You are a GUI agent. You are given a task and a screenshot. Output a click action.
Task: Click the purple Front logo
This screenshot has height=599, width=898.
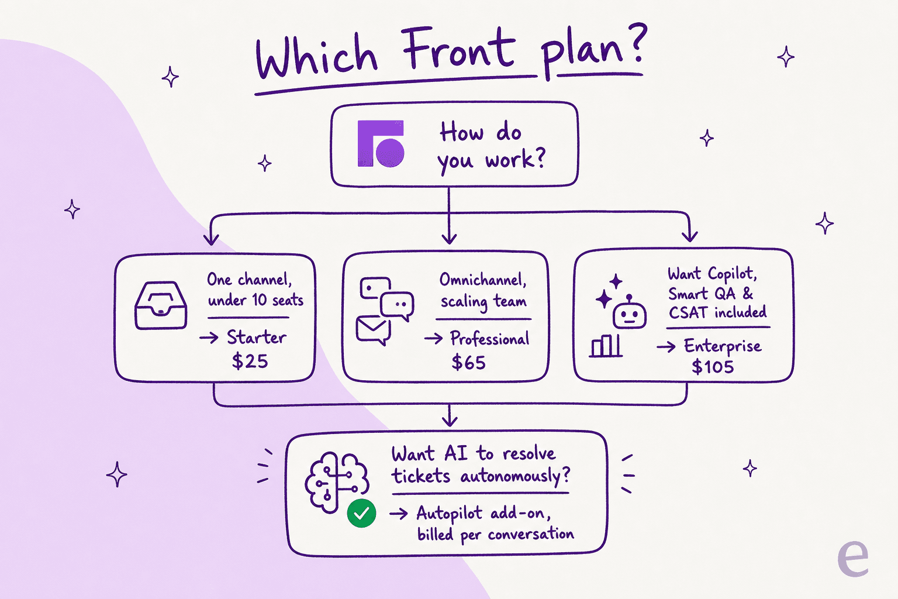(381, 143)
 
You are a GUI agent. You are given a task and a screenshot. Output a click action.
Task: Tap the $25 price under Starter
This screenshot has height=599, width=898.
(250, 361)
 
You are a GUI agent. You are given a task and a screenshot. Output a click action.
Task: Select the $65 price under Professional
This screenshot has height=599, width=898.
(468, 362)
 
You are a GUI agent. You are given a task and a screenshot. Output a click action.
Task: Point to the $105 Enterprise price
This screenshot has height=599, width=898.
(713, 367)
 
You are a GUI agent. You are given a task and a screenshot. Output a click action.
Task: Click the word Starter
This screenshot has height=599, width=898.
(257, 337)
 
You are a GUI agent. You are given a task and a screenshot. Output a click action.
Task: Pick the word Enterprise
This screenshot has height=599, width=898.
(723, 346)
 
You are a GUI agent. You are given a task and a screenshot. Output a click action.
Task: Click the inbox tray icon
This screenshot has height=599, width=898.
(160, 305)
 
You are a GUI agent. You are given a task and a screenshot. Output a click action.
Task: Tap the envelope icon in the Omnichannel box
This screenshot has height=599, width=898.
(373, 331)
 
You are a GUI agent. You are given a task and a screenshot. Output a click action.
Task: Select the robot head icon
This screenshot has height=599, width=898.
(630, 311)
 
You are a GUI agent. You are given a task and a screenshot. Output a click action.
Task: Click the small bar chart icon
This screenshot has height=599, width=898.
(606, 346)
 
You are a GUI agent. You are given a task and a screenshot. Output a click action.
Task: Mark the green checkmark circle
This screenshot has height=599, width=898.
(361, 513)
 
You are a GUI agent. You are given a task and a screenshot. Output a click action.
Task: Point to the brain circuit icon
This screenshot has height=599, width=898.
(336, 481)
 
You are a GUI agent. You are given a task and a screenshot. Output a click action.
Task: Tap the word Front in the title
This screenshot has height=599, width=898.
(458, 47)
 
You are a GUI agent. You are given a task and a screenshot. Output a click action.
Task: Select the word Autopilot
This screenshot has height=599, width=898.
(450, 514)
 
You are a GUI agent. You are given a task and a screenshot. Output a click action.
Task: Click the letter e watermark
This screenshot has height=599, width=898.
(853, 558)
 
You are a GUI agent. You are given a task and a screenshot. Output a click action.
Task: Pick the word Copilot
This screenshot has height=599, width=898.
(732, 274)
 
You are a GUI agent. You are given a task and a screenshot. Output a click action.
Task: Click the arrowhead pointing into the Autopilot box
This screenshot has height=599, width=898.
(450, 421)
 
